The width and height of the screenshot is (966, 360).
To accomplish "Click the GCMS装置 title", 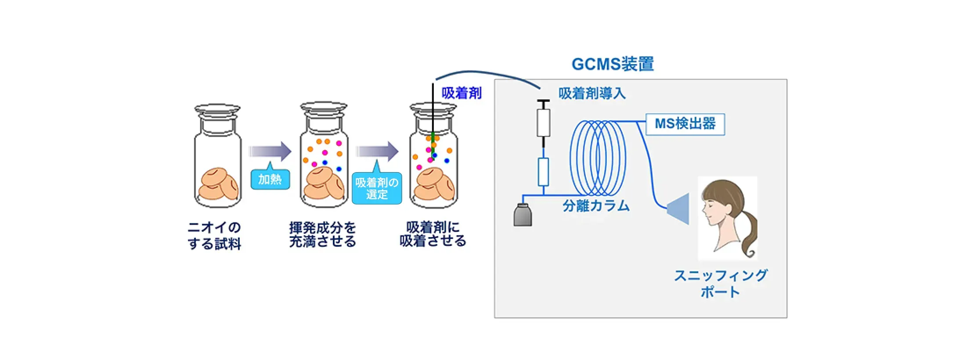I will click(613, 64).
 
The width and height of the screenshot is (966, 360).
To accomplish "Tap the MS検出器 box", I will click(685, 124).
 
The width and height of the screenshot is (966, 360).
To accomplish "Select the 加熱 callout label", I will click(270, 179).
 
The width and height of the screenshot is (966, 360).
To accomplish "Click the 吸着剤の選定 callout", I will click(377, 189).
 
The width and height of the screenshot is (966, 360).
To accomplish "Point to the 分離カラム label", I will click(596, 206).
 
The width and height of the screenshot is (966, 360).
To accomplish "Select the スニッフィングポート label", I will click(721, 283).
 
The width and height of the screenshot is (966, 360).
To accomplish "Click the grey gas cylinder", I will click(523, 215).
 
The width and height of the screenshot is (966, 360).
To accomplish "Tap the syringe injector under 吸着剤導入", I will click(544, 121).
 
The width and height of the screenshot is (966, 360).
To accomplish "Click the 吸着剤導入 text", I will click(592, 94).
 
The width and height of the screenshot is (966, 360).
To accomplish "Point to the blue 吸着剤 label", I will click(461, 93).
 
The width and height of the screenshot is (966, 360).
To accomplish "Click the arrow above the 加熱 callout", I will click(270, 151).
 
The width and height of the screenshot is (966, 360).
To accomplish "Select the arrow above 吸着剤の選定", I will click(377, 152).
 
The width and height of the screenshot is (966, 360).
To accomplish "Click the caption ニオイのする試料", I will click(214, 235).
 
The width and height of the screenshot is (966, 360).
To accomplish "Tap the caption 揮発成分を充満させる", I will click(323, 234).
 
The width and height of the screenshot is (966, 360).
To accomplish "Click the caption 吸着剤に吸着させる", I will click(433, 234).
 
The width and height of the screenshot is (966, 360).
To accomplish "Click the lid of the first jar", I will click(217, 109).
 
